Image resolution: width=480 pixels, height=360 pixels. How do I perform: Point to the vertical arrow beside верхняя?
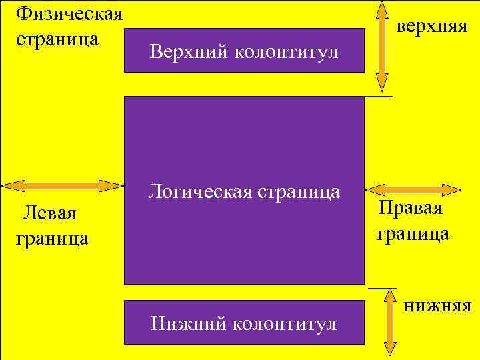coord(382,45)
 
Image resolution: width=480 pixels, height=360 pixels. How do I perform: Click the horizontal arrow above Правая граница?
coord(414,189)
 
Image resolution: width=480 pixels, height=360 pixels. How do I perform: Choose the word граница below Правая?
coord(413,234)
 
